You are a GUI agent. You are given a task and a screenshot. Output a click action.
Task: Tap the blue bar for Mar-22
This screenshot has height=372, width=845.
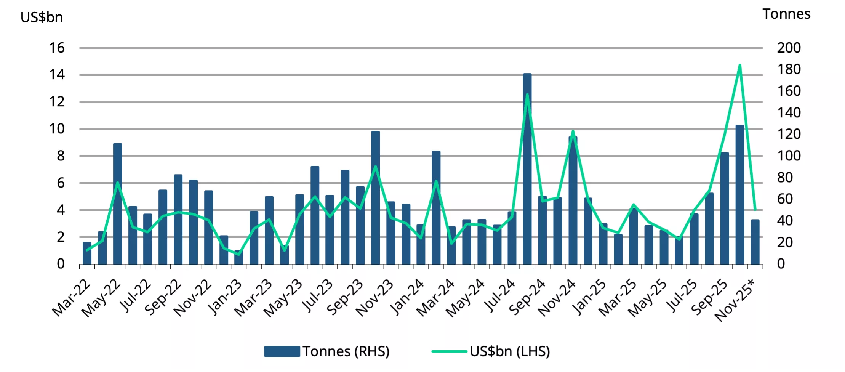pyautogui.click(x=87, y=253)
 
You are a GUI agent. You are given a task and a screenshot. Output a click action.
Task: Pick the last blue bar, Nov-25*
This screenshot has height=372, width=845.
pyautogui.click(x=755, y=242)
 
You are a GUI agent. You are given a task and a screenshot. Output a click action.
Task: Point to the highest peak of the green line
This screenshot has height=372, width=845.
pyautogui.click(x=739, y=65)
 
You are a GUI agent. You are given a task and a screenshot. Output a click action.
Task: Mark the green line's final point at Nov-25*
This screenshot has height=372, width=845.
pyautogui.click(x=755, y=210)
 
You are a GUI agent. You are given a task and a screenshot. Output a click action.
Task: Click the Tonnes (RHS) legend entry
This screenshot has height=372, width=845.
pyautogui.click(x=327, y=351)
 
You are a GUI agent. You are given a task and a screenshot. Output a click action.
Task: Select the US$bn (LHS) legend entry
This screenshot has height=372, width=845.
pyautogui.click(x=491, y=351)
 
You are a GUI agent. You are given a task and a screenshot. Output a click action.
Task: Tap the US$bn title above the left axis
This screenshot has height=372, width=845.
pyautogui.click(x=42, y=17)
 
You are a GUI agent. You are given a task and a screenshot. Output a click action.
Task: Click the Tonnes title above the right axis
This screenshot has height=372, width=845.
pyautogui.click(x=786, y=14)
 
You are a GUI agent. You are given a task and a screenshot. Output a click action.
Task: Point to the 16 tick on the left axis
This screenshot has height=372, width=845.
pyautogui.click(x=57, y=48)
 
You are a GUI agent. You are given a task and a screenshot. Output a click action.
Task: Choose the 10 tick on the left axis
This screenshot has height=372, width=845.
pyautogui.click(x=57, y=129)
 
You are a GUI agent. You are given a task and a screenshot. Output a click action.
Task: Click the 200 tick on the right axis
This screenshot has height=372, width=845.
pyautogui.click(x=789, y=48)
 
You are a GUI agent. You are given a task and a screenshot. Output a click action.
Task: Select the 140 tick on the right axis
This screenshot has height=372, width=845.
pyautogui.click(x=789, y=113)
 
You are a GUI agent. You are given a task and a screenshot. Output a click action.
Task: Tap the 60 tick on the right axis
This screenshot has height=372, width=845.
pyautogui.click(x=785, y=199)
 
